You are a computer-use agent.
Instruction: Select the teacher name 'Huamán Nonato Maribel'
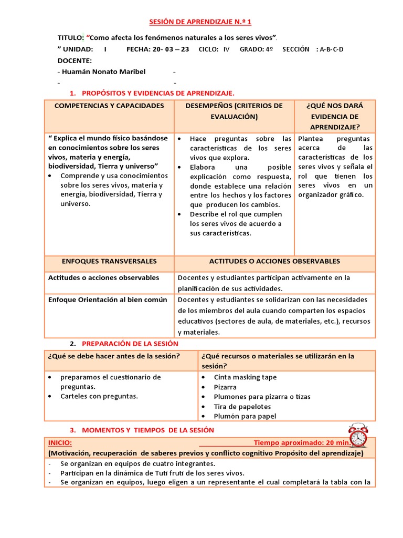[x=103, y=71]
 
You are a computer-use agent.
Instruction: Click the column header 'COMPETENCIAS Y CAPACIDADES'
[x=109, y=106]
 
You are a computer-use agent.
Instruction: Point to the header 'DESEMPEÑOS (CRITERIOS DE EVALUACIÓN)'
[x=234, y=111]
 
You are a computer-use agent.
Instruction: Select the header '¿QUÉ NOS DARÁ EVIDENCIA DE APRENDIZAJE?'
[x=335, y=116]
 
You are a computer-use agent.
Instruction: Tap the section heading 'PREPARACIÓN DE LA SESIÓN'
[x=130, y=344]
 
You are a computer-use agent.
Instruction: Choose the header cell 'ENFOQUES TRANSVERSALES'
[x=109, y=261]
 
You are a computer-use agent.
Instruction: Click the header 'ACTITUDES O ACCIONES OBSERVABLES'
[x=274, y=261]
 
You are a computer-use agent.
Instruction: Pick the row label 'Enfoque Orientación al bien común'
[x=108, y=299]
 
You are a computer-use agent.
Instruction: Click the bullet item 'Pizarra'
[x=225, y=387]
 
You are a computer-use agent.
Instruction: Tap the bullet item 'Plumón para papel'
[x=245, y=416]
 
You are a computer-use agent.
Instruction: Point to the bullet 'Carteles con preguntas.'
[x=99, y=396]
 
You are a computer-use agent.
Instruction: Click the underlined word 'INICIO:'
[x=60, y=443]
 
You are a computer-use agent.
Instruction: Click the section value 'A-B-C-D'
[x=332, y=49]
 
